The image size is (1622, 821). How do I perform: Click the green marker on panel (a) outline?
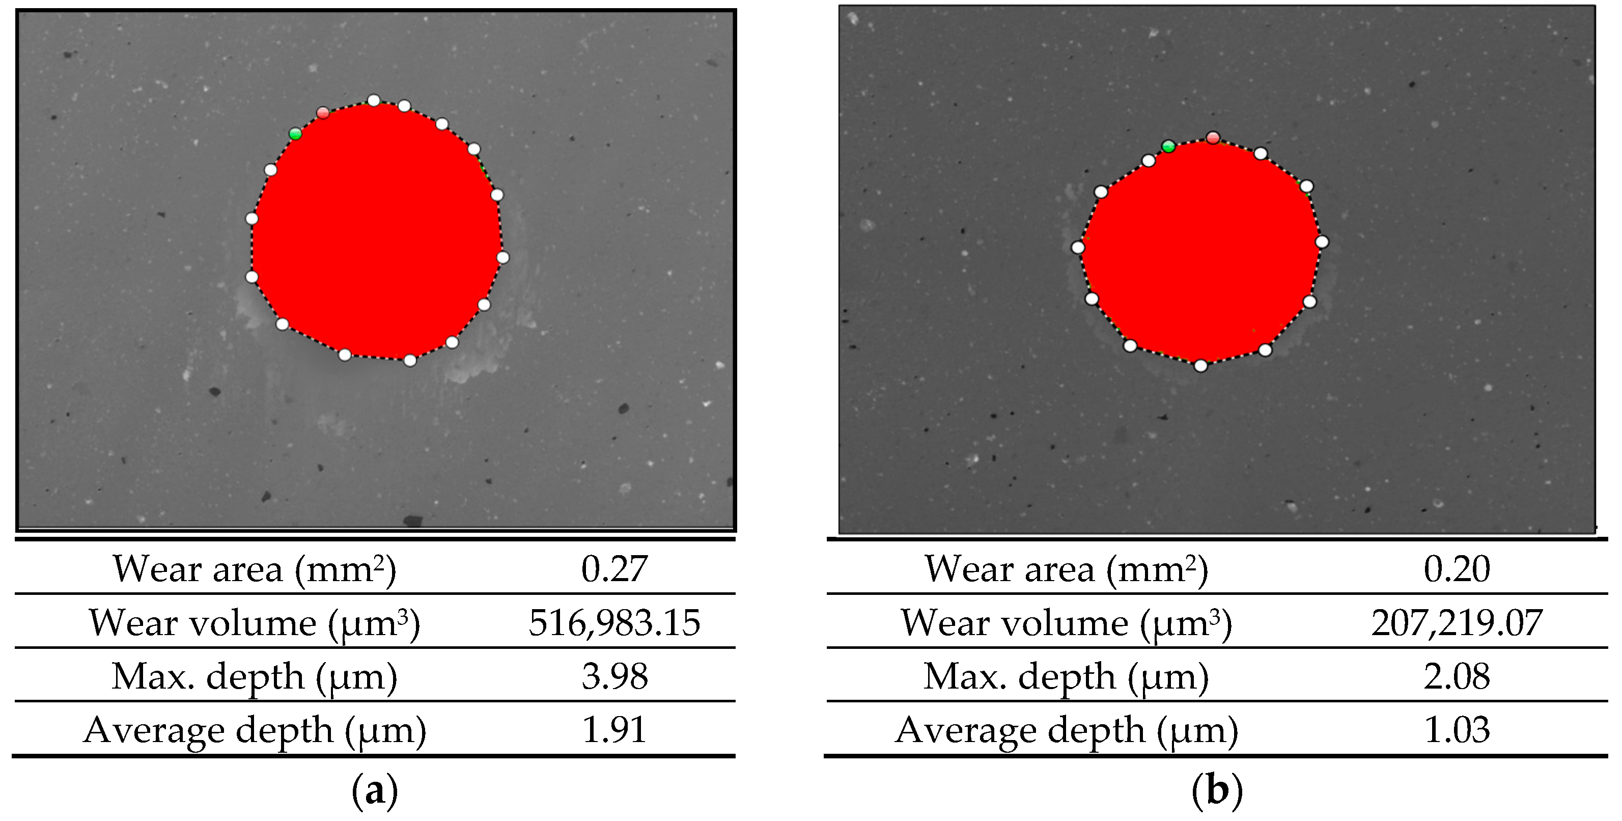(295, 133)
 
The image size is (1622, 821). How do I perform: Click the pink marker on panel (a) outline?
(323, 113)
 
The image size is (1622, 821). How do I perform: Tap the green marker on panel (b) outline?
(1168, 146)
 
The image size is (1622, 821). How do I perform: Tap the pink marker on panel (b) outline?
(1213, 138)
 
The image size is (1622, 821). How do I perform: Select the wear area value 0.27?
(614, 569)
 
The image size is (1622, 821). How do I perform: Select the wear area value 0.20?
(1457, 569)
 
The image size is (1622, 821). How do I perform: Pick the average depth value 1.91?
(614, 730)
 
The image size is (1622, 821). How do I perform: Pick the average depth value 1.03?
(1457, 730)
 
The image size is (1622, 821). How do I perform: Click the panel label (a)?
(375, 790)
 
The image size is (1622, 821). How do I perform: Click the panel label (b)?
(1217, 790)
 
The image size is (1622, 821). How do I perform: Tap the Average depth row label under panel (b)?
(1067, 730)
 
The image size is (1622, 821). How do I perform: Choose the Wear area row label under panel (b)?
(1067, 569)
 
